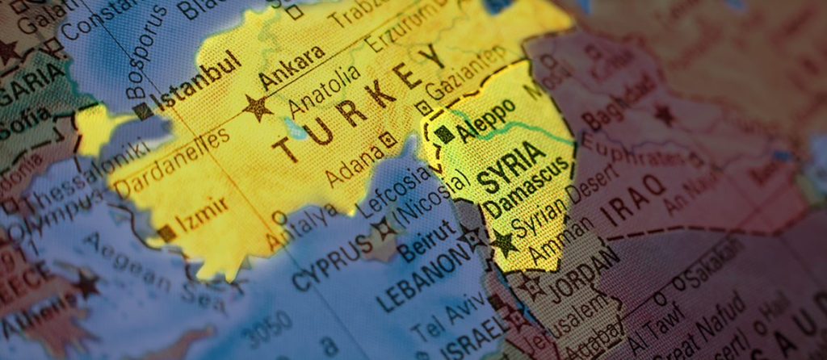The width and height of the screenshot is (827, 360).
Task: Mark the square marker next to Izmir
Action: click(x=167, y=232)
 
